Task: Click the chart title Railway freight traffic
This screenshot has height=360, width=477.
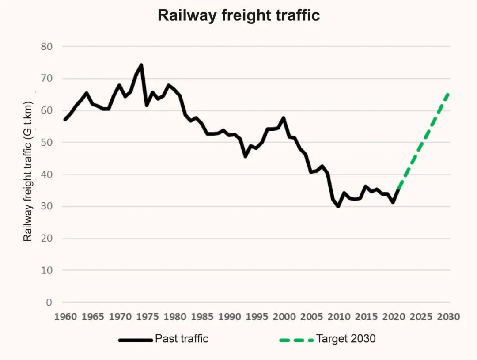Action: [238, 15]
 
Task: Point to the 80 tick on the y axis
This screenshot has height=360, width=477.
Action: [46, 46]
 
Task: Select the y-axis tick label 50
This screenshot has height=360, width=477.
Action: [46, 142]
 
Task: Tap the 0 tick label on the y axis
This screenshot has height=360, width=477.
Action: [49, 303]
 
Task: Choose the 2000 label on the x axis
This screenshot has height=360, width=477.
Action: [284, 317]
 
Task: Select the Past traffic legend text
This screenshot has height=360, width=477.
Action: [182, 339]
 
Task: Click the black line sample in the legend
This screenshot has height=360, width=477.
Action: [135, 340]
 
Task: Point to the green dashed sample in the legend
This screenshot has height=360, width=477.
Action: [296, 340]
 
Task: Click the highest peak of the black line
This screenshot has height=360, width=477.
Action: [141, 65]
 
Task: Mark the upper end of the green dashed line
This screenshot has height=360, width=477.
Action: [449, 93]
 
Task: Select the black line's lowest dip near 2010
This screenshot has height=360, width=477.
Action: [338, 206]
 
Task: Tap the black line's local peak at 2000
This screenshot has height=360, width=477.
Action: [284, 118]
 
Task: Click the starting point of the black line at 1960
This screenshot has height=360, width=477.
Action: [65, 120]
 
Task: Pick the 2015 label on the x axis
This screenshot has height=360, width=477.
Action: [366, 317]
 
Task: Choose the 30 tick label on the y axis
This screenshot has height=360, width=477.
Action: [46, 206]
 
